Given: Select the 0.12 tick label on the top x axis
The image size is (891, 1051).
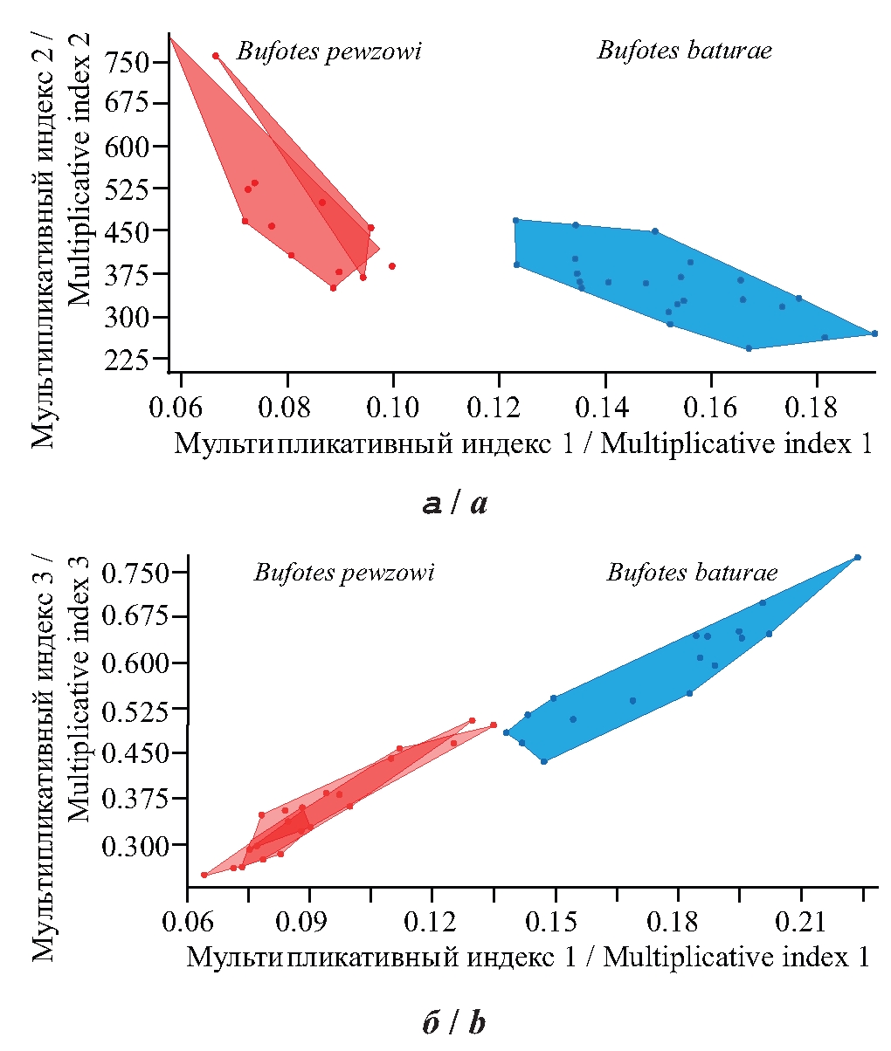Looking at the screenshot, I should [499, 407].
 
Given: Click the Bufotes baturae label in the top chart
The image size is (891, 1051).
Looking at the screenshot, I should [684, 50].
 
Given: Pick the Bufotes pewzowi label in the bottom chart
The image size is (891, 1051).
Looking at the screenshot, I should [343, 573].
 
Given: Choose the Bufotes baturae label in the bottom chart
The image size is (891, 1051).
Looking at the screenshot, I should [692, 573].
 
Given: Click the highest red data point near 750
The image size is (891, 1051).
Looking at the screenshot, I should [216, 56].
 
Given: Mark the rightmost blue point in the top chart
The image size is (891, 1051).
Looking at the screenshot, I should [874, 333].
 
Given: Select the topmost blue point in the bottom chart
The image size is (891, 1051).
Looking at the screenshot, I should [858, 557].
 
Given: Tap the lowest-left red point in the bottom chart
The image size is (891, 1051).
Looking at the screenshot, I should [204, 875].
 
